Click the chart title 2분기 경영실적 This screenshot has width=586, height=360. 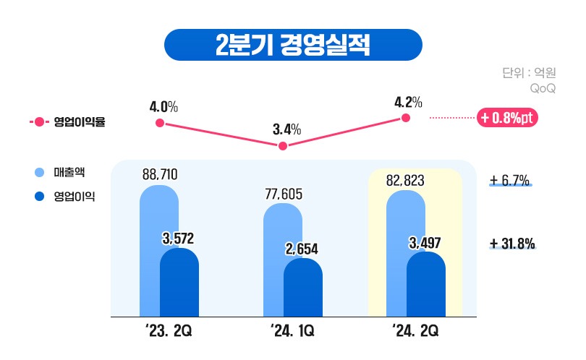pos(292,45)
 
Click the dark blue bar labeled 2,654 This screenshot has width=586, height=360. pos(302,288)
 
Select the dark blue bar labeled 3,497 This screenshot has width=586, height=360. pos(425,285)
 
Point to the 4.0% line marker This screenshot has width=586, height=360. pos(160,124)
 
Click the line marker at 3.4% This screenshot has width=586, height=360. pos(283,146)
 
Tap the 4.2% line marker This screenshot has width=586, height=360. pos(406,118)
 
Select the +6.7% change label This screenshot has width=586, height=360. pos(510,179)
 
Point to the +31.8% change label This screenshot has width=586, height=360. pos(512,244)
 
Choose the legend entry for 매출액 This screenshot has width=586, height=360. pos(61,172)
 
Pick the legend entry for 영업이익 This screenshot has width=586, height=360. pos(64,195)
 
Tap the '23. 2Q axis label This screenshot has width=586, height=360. pos(169,332)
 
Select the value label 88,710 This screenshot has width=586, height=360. pos(160,174)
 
